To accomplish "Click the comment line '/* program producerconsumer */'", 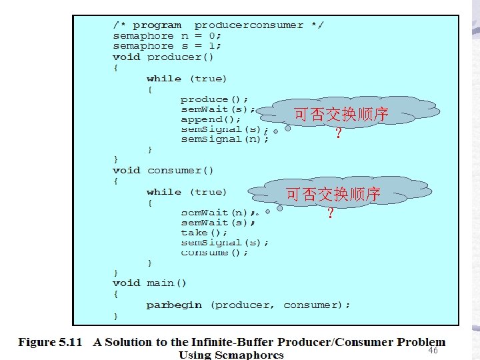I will [x=218, y=25].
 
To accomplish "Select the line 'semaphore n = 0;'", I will [x=167, y=36].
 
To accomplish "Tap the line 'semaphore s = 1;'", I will [x=167, y=46].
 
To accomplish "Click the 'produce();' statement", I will [x=215, y=99].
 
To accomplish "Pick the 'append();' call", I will [x=211, y=119].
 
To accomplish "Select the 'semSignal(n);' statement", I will [x=225, y=139].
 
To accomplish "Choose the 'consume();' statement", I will [x=215, y=253].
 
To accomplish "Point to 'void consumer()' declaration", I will [x=163, y=171].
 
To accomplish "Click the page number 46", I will [x=433, y=350].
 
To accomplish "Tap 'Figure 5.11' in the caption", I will [x=50, y=343].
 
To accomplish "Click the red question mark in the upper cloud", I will [x=339, y=133].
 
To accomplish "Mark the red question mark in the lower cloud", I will [x=330, y=213].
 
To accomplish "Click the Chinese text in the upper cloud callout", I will [x=341, y=115].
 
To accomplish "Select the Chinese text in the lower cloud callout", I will [x=333, y=195].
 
